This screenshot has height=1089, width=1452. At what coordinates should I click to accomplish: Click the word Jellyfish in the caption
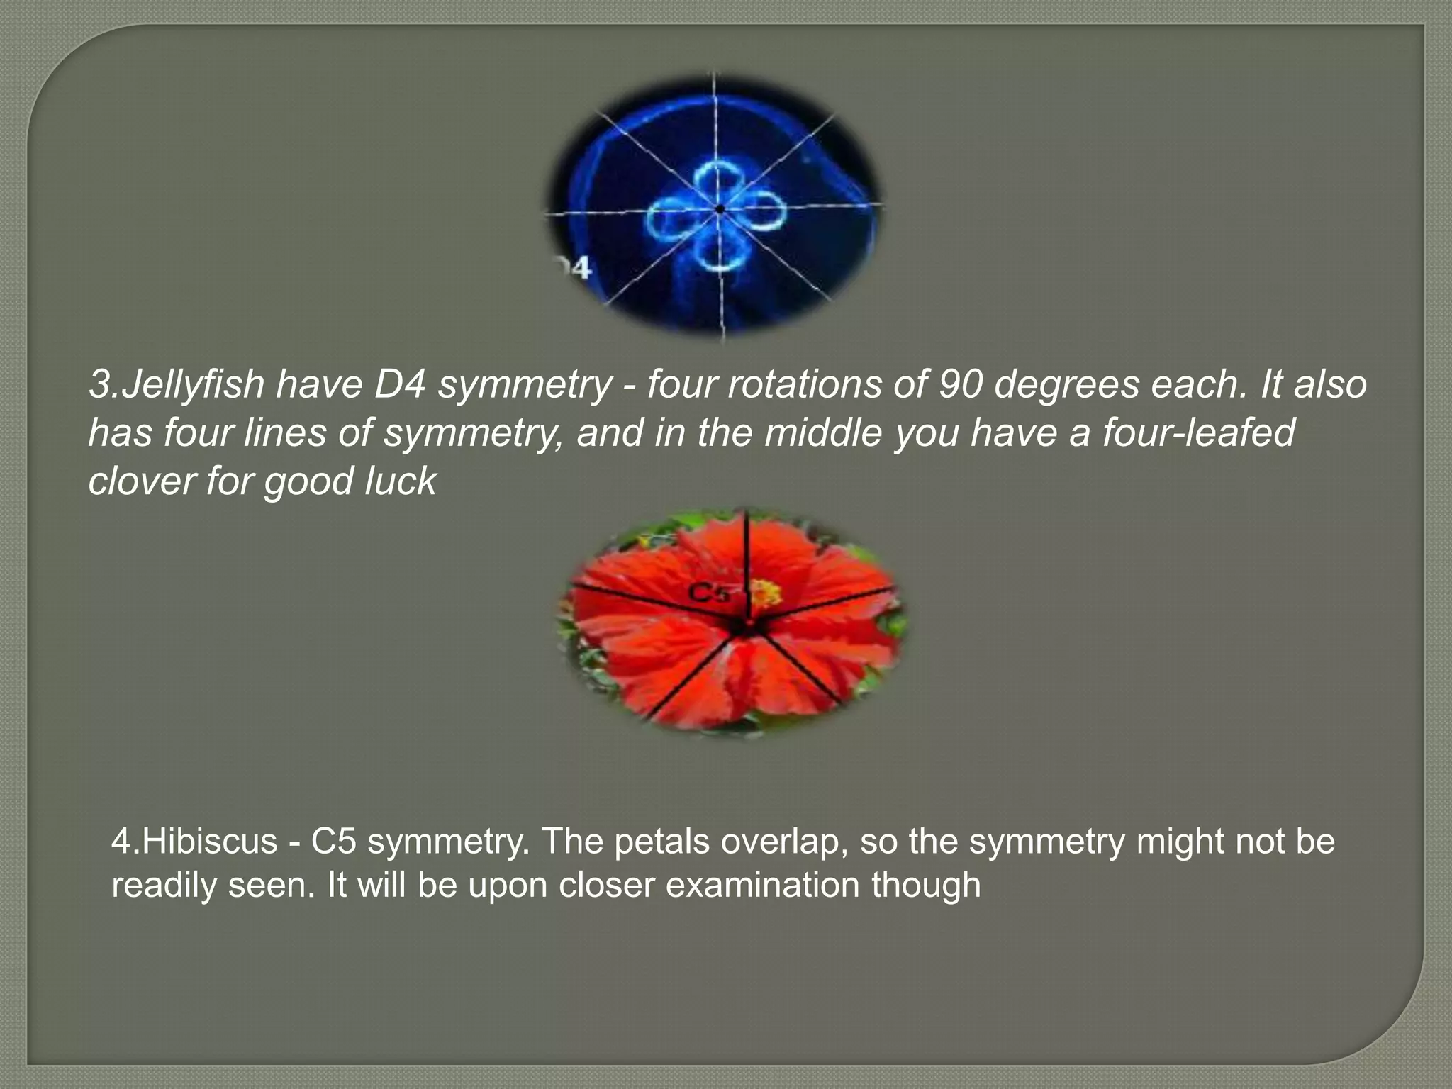point(191,385)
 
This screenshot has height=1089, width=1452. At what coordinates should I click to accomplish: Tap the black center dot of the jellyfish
point(720,209)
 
